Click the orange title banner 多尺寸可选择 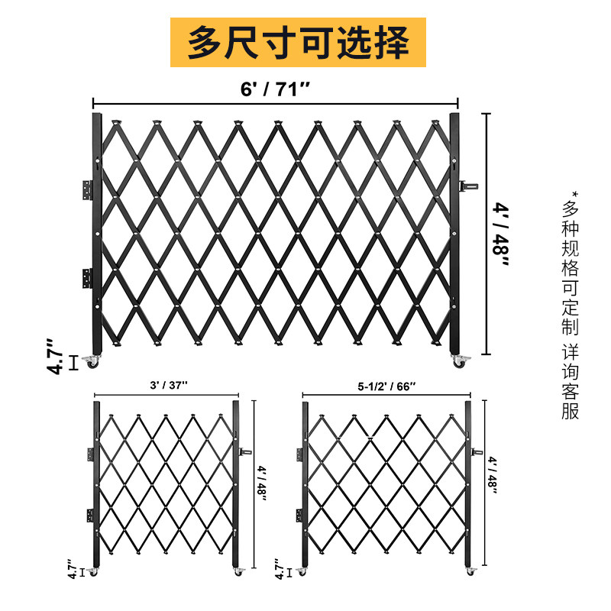coord(297,42)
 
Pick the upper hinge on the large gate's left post coord(88,189)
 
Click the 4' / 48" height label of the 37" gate coord(261,482)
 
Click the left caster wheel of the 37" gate coord(93,571)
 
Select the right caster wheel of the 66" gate coord(468,571)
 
